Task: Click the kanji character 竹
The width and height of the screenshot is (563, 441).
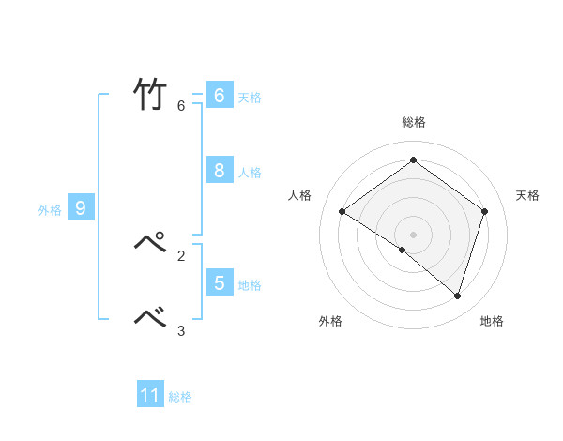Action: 149,94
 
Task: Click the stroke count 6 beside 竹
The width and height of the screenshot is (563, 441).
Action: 181,105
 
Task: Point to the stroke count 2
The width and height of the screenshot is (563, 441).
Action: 181,254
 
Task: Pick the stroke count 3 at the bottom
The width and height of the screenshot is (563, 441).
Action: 181,330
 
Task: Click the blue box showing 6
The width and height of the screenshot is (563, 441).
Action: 220,96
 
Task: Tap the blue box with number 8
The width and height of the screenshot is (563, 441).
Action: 220,170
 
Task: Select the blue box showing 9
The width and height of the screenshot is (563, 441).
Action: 81,208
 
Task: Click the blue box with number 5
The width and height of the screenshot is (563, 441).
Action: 220,281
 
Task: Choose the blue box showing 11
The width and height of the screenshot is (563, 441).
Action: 150,395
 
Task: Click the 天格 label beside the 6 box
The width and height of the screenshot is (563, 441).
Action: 250,98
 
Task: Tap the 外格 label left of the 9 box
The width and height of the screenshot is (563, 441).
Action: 50,210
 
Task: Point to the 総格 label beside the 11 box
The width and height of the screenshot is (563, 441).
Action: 180,397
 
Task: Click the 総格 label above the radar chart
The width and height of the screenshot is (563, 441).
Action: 414,122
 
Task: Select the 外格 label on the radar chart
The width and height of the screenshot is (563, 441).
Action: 330,321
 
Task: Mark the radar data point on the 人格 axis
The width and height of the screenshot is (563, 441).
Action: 342,212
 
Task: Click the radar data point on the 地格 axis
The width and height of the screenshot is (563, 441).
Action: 457,296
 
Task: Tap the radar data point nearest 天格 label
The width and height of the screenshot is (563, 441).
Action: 485,211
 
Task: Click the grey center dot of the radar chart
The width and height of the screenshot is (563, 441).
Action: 413,234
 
